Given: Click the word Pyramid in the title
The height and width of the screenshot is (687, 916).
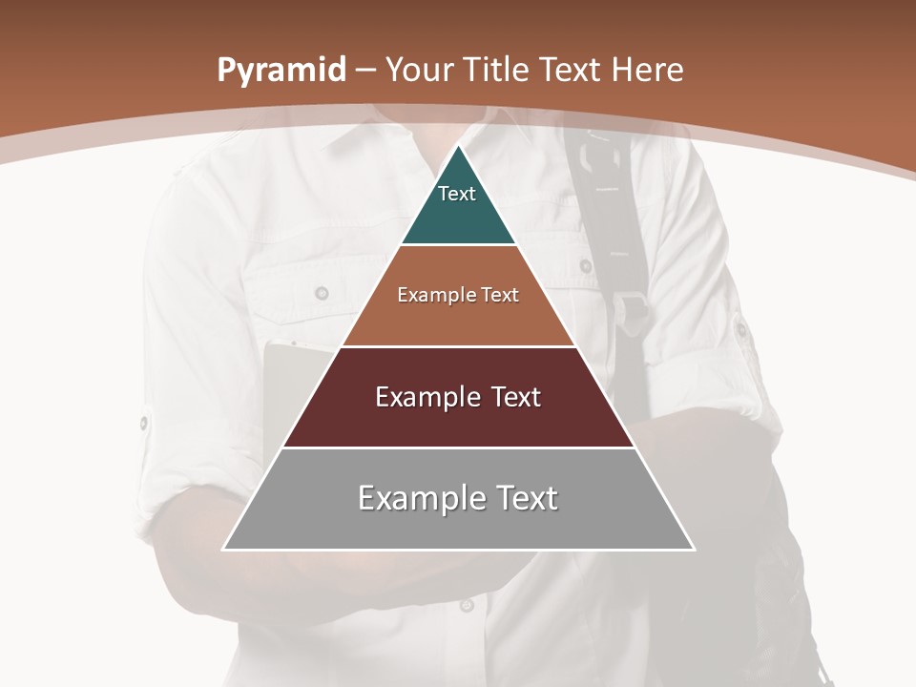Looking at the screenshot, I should [281, 70].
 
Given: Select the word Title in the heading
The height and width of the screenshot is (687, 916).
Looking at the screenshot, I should [497, 70].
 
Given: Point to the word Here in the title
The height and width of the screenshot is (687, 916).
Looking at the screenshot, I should [648, 70].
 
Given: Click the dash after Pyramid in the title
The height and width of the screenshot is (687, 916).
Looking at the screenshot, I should [364, 71].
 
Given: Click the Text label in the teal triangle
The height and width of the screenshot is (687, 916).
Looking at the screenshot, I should [457, 194].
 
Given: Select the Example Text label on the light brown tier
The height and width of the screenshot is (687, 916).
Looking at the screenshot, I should [458, 295].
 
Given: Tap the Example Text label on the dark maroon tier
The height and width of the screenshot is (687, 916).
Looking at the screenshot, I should [458, 397].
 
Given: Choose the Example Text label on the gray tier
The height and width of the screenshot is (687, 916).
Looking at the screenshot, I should [458, 498].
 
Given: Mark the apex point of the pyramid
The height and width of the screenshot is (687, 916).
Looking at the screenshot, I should [459, 146].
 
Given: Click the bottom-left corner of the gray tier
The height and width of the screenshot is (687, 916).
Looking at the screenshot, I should [224, 549].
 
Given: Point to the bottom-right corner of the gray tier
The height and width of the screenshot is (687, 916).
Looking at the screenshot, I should [693, 549].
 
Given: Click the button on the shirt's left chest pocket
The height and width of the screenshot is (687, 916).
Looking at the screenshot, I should [322, 293].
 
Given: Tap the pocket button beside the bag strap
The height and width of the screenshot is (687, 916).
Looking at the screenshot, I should [585, 266].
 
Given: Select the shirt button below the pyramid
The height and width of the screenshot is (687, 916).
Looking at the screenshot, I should [467, 604].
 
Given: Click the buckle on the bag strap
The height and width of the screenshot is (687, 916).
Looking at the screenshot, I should [630, 306].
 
